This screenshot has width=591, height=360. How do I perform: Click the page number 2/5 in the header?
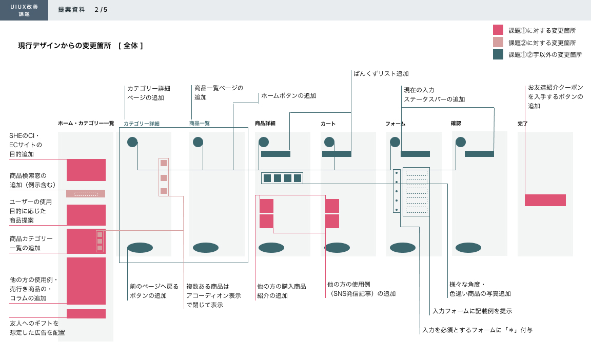coord(101,10)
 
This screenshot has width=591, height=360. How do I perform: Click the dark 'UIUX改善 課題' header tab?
coord(24,10)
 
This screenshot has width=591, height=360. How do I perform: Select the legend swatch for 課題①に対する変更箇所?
coord(498,30)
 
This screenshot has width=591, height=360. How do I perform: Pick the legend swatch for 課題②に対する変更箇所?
coord(498,42)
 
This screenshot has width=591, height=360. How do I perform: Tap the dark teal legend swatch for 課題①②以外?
coord(498,54)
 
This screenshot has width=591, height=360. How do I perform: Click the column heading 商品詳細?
coord(265,124)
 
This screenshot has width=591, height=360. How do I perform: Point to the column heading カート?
coord(328,124)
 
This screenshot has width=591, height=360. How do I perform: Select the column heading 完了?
coord(523,124)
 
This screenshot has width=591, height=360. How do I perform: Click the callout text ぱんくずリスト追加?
coord(381,74)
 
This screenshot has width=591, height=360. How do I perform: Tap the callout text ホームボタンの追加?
coord(289,96)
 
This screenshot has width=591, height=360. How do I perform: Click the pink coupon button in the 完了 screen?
coord(545,200)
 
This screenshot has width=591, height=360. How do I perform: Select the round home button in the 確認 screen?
coord(461,142)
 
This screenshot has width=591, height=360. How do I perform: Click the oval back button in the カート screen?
coord(337,248)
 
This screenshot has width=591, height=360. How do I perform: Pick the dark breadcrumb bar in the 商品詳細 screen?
coord(275,154)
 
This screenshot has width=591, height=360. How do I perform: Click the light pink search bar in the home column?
coord(86,193)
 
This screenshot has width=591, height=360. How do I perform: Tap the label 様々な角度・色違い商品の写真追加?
coord(480,289)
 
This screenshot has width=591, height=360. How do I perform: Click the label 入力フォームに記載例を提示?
coord(472,311)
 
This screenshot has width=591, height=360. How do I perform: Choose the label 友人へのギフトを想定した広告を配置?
coord(37,328)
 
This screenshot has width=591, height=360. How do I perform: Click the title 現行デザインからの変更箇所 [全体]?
coord(81,46)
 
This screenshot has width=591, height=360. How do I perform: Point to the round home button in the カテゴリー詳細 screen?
coord(132,142)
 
